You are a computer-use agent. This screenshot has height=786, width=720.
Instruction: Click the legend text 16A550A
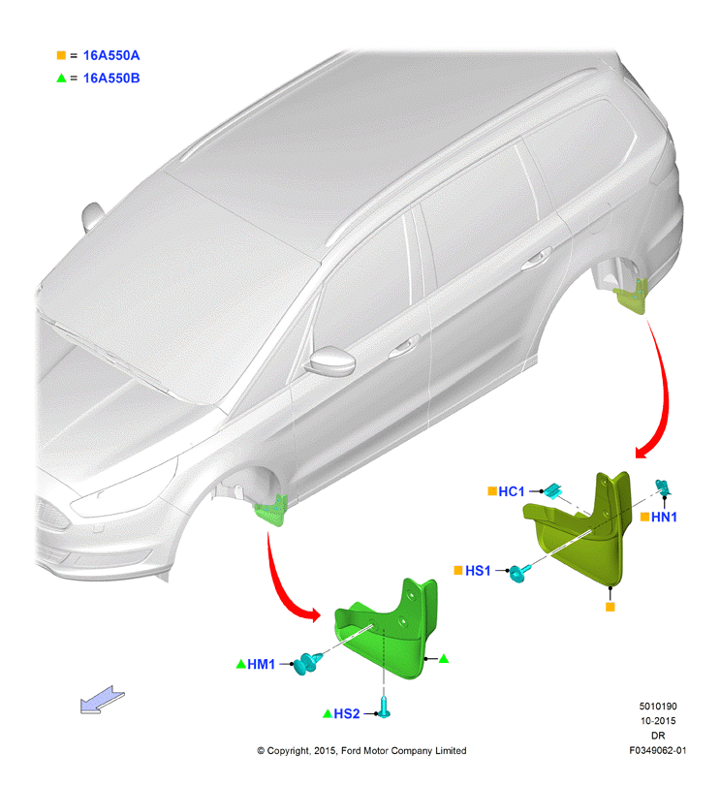[111, 55]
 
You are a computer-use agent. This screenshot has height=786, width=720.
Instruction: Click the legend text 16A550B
[111, 79]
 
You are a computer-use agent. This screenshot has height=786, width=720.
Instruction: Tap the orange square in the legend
[61, 55]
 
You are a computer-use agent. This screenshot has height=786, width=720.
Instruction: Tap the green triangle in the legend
[61, 78]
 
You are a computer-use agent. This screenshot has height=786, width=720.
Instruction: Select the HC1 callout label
[511, 491]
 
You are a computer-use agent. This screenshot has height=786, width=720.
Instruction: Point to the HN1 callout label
[664, 517]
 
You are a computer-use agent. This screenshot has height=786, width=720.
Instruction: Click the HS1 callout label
[478, 571]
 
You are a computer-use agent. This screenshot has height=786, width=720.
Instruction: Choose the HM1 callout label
[261, 664]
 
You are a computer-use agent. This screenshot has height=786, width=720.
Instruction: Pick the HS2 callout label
[347, 713]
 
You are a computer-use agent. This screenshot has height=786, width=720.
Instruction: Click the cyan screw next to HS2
[384, 707]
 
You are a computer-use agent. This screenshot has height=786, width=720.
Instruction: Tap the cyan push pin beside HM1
[306, 663]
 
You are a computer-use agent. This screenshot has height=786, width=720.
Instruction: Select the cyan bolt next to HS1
[518, 572]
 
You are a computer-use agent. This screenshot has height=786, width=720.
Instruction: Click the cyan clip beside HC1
[552, 490]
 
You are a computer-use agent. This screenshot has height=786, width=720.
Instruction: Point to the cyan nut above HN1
[663, 487]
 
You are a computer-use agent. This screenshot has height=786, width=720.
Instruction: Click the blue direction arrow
[102, 700]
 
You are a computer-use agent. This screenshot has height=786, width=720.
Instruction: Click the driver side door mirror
[331, 361]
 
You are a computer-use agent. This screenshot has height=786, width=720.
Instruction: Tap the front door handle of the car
[404, 346]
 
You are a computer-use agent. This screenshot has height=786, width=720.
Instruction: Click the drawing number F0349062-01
[658, 750]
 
